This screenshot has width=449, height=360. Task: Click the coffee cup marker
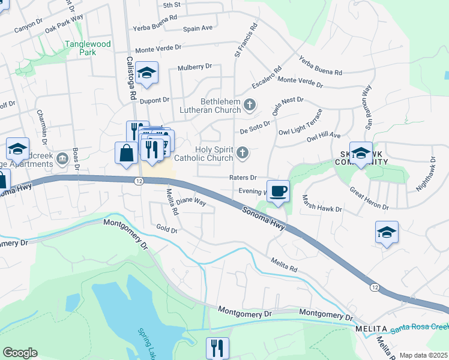(x=278, y=191)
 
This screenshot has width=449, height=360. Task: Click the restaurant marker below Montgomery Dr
(x=217, y=347)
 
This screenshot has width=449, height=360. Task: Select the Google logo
(x=20, y=353)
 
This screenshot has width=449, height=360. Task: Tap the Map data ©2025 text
(x=423, y=355)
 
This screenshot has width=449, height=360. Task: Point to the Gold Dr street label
(x=167, y=229)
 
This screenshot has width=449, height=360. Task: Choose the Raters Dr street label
(x=243, y=178)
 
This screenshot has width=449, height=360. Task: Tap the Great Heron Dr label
(x=369, y=199)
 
